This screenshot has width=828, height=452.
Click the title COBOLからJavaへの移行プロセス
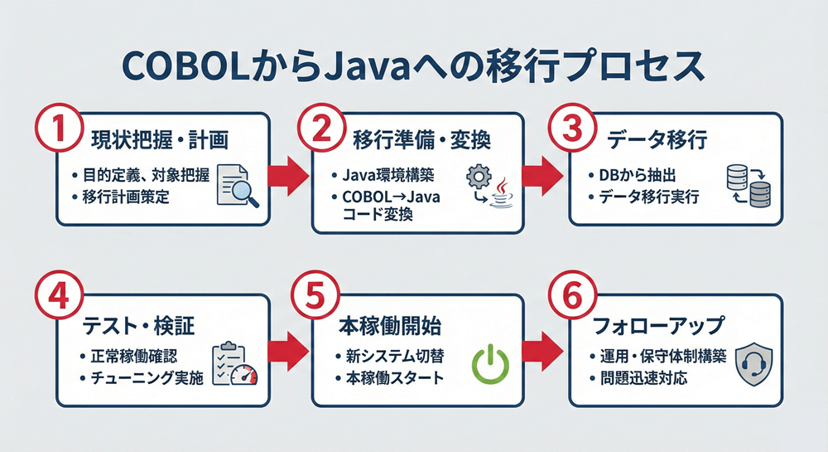pyautogui.click(x=414, y=67)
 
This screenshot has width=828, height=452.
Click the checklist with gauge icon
pyautogui.click(x=236, y=364)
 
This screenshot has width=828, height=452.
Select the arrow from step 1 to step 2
pyautogui.click(x=289, y=173)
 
